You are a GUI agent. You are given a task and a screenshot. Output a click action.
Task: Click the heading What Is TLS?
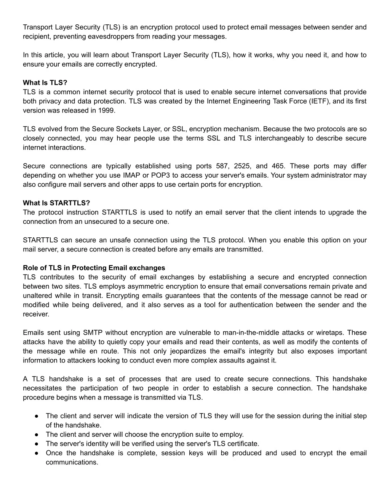click(x=45, y=83)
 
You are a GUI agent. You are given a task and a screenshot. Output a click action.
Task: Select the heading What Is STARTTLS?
click(x=56, y=203)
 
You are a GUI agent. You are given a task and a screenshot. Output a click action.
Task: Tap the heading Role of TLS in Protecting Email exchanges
click(x=94, y=268)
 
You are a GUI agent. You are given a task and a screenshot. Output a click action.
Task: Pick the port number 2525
click(x=241, y=166)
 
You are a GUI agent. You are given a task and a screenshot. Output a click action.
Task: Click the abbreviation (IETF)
click(x=320, y=101)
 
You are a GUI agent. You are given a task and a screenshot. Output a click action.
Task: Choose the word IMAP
click(x=132, y=175)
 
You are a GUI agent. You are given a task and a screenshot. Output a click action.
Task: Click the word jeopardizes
click(x=187, y=351)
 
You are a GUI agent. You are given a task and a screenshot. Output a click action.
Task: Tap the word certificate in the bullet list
click(x=244, y=444)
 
